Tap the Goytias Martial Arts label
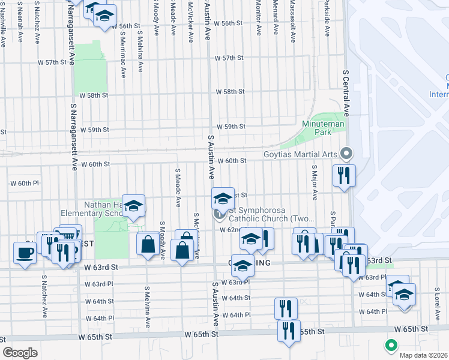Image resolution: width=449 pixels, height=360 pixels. [x=301, y=154]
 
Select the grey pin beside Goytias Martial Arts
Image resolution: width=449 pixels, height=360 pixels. [x=346, y=154]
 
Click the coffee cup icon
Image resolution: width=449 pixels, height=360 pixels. [x=25, y=253]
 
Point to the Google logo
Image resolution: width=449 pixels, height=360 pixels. [x=20, y=352]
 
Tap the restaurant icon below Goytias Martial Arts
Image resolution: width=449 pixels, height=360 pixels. [x=344, y=176]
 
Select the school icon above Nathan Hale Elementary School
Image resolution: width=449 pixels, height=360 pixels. [x=133, y=206]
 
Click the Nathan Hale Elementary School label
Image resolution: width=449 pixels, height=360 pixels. [x=99, y=208]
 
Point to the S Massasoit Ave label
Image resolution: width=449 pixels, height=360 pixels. [x=292, y=22]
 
